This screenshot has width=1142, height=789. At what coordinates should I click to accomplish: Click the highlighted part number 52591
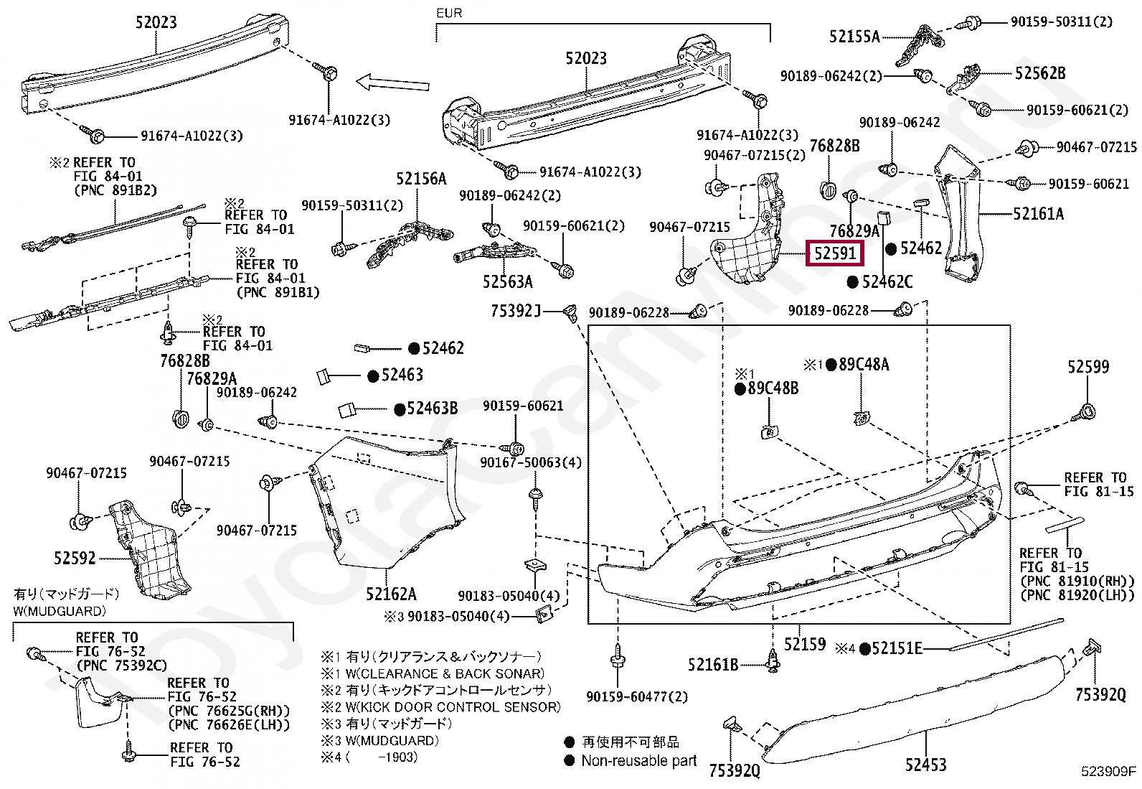coord(834,253)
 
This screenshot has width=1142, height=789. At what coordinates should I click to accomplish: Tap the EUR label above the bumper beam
coord(448,13)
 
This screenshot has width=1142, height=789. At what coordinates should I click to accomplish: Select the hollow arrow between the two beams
coord(392,83)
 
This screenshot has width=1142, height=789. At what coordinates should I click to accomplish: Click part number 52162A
coord(391,594)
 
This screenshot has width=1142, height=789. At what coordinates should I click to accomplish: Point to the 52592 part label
coord(75,558)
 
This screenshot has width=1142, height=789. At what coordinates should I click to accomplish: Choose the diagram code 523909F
coord(1108,770)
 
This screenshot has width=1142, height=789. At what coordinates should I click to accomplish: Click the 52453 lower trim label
coord(926,765)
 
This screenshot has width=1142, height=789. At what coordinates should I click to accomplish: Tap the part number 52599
coord(1088,366)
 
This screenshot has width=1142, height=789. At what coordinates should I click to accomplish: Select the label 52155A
coord(854,37)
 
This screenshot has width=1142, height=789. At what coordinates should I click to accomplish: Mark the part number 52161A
coord(1039,213)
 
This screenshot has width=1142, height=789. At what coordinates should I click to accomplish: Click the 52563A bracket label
coord(508,281)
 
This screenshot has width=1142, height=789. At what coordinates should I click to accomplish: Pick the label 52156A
coord(421,179)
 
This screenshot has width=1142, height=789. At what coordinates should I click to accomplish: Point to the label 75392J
coord(516,311)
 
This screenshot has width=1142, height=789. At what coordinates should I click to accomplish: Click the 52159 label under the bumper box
coord(805,644)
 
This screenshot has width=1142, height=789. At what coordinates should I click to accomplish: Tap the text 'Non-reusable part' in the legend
coord(639,761)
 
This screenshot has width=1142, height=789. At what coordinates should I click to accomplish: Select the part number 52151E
coord(897,648)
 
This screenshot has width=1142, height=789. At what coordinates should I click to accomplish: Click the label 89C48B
coord(773,388)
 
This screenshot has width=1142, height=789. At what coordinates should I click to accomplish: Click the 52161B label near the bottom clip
coord(713,665)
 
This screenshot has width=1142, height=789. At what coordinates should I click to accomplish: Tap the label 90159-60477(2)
coord(637,696)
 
